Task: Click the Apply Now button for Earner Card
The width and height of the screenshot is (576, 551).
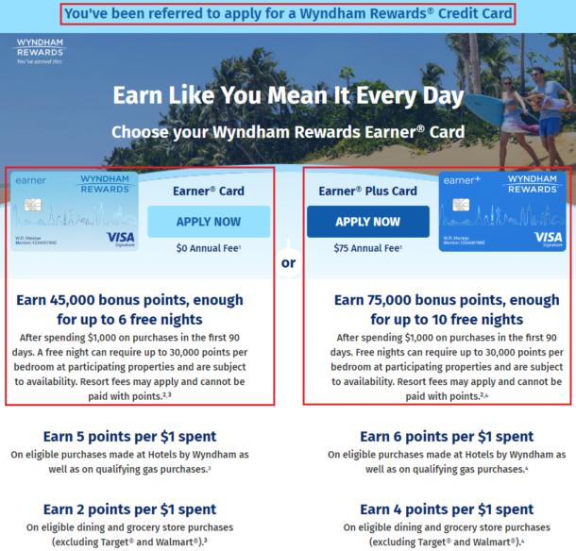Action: (209, 221)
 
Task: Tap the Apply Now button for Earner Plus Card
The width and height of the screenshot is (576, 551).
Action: (367, 221)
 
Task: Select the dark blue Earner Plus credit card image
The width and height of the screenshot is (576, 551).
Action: (502, 210)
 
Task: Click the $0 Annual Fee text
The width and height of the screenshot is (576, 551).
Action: (209, 248)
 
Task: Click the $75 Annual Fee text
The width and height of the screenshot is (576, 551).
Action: (367, 248)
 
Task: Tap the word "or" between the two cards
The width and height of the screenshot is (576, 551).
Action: (288, 262)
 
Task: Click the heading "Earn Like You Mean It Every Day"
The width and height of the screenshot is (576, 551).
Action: (288, 96)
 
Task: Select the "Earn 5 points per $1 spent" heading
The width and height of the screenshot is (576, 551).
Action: (129, 437)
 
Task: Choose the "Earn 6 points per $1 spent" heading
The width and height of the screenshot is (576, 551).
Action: (447, 437)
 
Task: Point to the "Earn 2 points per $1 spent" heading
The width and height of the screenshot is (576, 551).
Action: (129, 510)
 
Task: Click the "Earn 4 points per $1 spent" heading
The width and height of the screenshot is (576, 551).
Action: (447, 510)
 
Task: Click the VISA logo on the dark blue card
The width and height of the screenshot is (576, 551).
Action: (548, 237)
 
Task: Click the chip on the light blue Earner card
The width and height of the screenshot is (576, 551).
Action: (35, 205)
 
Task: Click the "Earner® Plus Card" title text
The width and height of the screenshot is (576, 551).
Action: (367, 191)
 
